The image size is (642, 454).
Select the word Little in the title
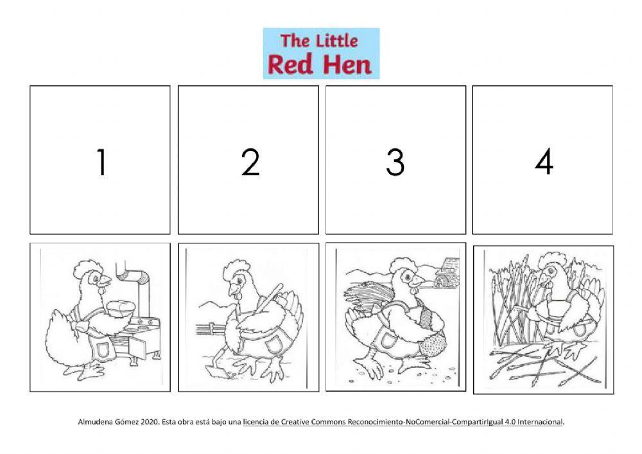pyautogui.click(x=336, y=41)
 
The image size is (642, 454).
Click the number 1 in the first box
pyautogui.click(x=101, y=162)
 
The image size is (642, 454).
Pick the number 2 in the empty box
pyautogui.click(x=250, y=162)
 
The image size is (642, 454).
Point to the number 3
pyautogui.click(x=395, y=162)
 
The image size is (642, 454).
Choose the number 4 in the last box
pyautogui.click(x=544, y=162)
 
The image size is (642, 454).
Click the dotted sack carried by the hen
pyautogui.click(x=431, y=340)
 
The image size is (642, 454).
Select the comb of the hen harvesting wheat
pyautogui.click(x=550, y=259)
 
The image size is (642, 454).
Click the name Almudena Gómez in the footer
pyautogui.click(x=103, y=422)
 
